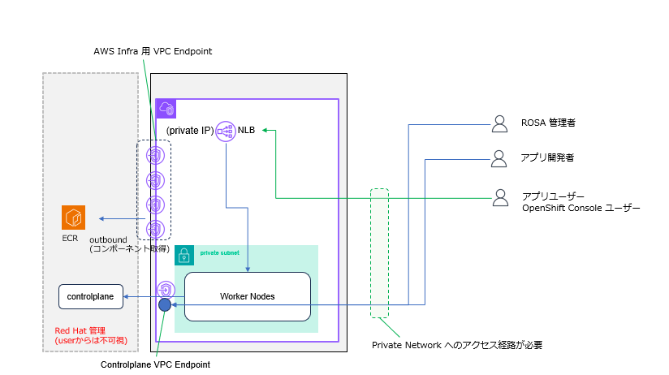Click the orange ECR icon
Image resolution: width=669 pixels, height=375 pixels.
(x=73, y=218)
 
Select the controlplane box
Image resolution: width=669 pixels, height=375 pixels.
(x=91, y=296)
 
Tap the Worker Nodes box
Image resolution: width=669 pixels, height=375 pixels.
(x=248, y=296)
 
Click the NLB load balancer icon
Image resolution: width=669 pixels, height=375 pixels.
(x=225, y=131)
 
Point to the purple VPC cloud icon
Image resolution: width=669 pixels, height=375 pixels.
(x=166, y=109)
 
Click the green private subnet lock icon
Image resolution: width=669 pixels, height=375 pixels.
(x=184, y=255)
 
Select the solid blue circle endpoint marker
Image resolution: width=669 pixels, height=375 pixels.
(x=165, y=304)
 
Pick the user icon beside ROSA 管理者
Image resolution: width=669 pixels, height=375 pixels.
(x=499, y=124)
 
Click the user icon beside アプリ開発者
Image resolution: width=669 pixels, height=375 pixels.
(x=499, y=159)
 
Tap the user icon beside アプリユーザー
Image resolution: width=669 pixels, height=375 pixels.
(x=500, y=198)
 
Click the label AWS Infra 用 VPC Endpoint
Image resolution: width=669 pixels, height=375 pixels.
(x=153, y=51)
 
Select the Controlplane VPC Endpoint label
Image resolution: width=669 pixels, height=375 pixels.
(x=155, y=364)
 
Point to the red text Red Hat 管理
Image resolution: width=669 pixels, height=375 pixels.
(x=80, y=330)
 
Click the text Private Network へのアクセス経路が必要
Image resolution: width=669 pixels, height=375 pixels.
(x=457, y=345)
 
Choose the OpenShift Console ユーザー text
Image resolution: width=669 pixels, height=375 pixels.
(x=581, y=208)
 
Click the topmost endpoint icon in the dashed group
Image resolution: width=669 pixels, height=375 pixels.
(x=155, y=156)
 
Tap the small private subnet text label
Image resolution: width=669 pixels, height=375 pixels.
(x=220, y=253)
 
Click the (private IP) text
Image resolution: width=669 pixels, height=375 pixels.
(x=190, y=131)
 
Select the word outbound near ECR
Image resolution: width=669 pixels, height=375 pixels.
(x=108, y=239)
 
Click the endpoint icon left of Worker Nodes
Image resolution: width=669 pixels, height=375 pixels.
(x=166, y=290)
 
